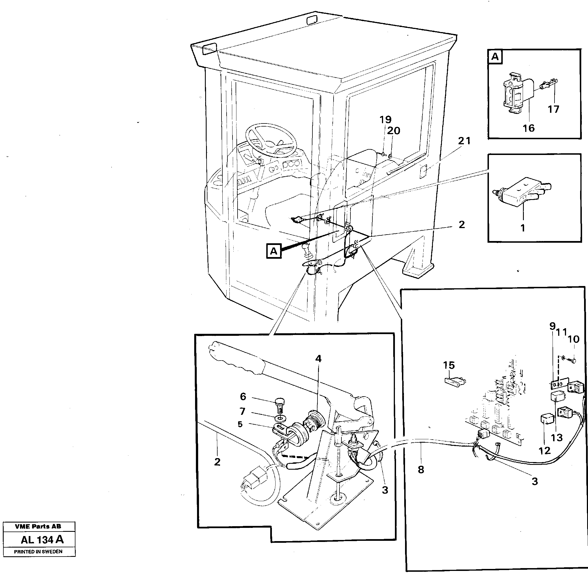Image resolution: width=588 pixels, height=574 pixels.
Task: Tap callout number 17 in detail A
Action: [553, 109]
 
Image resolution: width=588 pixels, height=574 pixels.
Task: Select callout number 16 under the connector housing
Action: [529, 129]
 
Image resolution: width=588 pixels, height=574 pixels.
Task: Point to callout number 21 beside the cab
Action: [464, 141]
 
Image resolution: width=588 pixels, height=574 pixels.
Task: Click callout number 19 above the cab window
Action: [385, 120]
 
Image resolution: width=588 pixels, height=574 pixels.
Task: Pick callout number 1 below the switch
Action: [523, 228]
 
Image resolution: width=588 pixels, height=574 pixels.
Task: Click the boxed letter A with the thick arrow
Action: [274, 251]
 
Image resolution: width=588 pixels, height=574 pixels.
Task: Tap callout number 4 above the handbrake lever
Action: [318, 359]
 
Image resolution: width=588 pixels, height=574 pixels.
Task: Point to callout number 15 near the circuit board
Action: [449, 365]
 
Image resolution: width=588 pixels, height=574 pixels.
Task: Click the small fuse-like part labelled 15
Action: [455, 382]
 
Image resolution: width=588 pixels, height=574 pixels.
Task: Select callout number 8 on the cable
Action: [421, 469]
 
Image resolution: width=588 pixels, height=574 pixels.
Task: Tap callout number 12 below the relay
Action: [545, 451]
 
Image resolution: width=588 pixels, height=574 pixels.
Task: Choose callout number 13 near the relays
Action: [557, 437]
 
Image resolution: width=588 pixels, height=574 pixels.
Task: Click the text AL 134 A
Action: [42, 539]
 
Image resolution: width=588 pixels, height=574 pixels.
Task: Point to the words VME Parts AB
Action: [38, 526]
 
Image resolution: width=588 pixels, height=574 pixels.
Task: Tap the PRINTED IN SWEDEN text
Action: [38, 552]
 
